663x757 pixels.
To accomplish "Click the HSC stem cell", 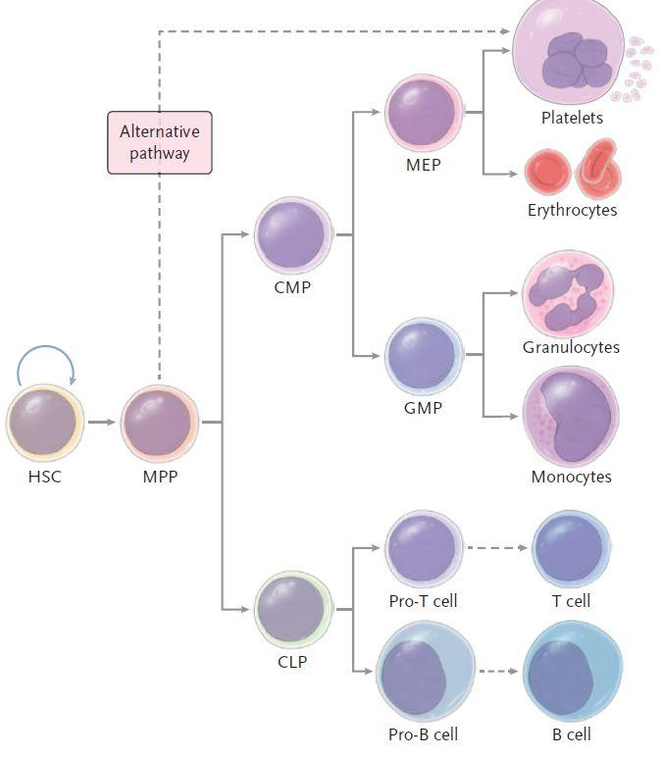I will click(x=45, y=423).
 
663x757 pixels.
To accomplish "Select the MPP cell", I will click(x=159, y=423).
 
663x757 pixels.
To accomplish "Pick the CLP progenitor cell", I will click(x=293, y=609).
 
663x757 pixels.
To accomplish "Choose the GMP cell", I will click(x=424, y=354).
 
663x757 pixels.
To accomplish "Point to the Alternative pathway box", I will click(x=159, y=142).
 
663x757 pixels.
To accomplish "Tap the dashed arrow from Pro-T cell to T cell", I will click(x=494, y=547).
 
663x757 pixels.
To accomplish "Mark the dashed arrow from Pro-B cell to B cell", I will click(x=499, y=673).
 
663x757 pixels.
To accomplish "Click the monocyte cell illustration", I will click(x=571, y=416).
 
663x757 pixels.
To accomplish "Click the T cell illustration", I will click(x=571, y=548).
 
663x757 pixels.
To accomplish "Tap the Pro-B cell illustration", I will click(x=424, y=673).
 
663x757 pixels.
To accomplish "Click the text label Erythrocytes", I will click(x=572, y=210).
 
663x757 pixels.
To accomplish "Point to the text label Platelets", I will click(x=572, y=119).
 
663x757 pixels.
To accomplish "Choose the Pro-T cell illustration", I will click(x=424, y=548).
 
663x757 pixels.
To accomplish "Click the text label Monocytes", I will click(x=571, y=478).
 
